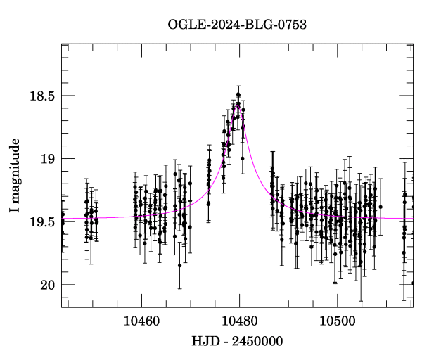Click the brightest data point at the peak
click(238, 94)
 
